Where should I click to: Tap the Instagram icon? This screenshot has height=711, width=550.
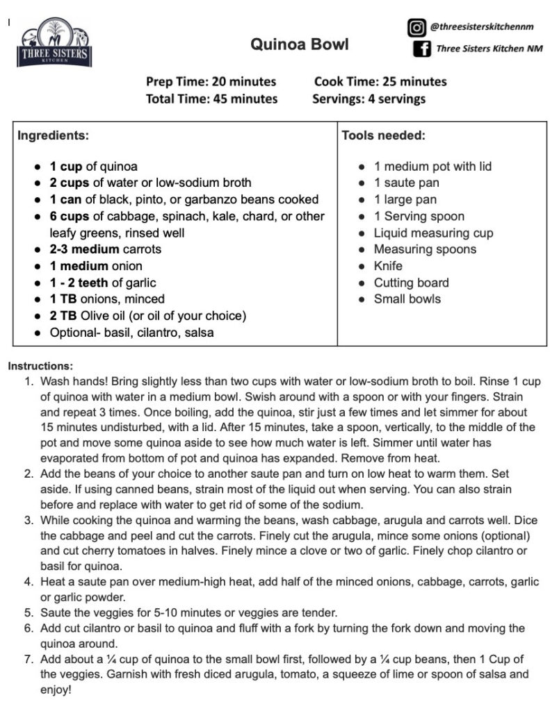pyautogui.click(x=416, y=27)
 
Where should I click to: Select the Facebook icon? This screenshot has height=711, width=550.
pyautogui.click(x=421, y=49)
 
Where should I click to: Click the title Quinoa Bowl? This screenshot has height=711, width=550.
pyautogui.click(x=300, y=45)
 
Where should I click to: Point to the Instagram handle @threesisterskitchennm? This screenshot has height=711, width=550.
pyautogui.click(x=485, y=27)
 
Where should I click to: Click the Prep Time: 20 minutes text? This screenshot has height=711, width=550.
pyautogui.click(x=211, y=81)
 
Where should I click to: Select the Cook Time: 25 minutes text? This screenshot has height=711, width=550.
pyautogui.click(x=380, y=81)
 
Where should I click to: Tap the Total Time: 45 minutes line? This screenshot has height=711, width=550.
pyautogui.click(x=211, y=99)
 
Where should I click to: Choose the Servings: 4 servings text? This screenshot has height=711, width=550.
pyautogui.click(x=369, y=99)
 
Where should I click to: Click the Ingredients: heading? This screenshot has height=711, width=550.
pyautogui.click(x=53, y=135)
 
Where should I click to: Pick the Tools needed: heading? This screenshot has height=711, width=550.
pyautogui.click(x=383, y=135)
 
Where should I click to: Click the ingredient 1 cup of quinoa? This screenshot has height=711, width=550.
pyautogui.click(x=93, y=167)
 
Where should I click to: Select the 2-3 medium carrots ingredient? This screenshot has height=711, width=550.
pyautogui.click(x=105, y=249)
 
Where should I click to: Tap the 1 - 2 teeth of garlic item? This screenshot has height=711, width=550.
pyautogui.click(x=103, y=283)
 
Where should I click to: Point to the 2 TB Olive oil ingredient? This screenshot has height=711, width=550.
pyautogui.click(x=147, y=316)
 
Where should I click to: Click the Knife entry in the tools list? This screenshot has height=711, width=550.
pyautogui.click(x=388, y=266)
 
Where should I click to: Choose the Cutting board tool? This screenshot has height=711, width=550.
pyautogui.click(x=411, y=283)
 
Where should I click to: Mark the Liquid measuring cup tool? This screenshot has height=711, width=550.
pyautogui.click(x=433, y=233)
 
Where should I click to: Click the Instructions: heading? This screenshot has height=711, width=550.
pyautogui.click(x=40, y=365)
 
